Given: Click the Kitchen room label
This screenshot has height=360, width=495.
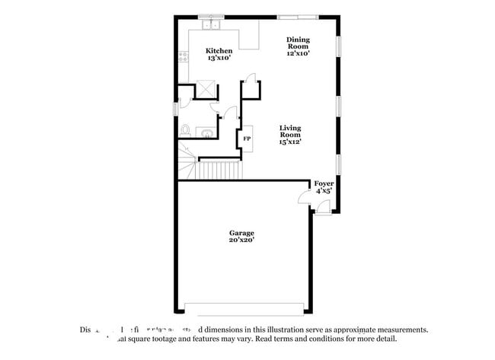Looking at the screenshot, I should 219,51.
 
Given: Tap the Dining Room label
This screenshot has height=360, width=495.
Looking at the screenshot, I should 298,43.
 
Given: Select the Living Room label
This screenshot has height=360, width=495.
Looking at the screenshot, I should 290,132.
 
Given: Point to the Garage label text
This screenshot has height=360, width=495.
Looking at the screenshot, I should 241,233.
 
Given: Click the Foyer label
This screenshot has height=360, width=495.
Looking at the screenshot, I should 324,183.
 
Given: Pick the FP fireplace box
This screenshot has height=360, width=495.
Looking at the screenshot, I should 247,139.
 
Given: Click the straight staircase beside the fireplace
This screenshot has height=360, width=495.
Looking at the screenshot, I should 218,169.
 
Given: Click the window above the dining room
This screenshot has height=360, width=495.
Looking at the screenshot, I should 297,16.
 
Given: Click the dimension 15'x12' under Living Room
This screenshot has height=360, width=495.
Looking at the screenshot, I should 290,142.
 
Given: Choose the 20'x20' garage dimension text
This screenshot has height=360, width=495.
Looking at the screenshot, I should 241,241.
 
